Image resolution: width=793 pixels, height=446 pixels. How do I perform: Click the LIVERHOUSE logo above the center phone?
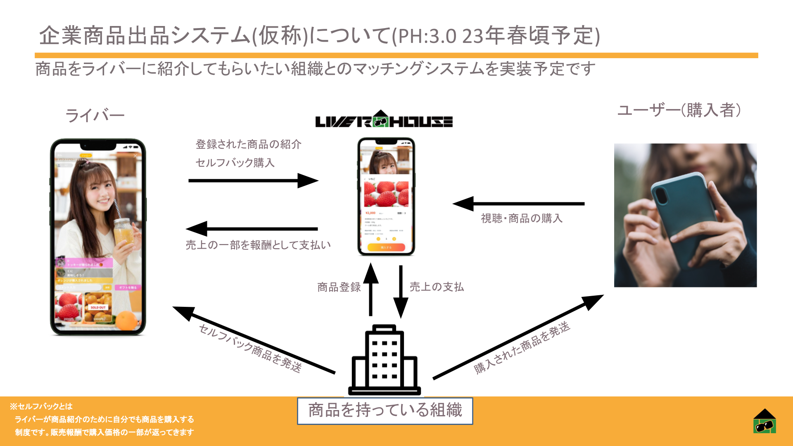click(384, 120)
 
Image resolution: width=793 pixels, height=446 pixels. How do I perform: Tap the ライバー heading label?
click(95, 115)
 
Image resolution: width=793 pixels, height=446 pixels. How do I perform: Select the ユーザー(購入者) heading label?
click(679, 110)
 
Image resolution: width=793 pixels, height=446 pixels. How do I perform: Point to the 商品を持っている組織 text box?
click(385, 410)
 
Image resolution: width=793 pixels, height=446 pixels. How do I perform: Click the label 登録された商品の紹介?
click(248, 145)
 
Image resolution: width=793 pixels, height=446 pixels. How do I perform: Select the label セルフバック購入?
click(235, 163)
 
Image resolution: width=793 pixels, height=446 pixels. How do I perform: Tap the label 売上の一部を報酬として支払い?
click(258, 245)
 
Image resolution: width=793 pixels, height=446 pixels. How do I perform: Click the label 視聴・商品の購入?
click(522, 218)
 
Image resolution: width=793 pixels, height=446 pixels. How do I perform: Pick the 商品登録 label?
click(339, 287)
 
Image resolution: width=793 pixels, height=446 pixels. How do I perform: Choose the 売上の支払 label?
click(437, 287)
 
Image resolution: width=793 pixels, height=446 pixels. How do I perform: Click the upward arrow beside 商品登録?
click(370, 289)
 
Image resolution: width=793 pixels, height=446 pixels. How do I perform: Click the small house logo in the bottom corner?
click(765, 421)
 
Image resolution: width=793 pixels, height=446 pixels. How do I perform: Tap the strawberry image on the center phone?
click(386, 194)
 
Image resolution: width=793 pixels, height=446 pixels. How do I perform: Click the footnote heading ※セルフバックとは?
click(41, 406)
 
